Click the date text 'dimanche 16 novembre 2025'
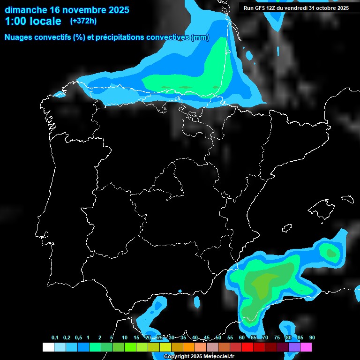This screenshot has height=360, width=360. [67, 9]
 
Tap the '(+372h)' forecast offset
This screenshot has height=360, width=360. [83, 21]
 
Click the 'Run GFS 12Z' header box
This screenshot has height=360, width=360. [296, 8]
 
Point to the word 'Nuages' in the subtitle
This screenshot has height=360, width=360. [20, 37]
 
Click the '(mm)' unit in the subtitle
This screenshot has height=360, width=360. [200, 37]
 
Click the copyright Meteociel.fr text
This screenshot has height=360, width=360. [199, 357]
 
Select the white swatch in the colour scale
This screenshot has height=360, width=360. [48, 347]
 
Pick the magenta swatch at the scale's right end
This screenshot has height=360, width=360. [306, 347]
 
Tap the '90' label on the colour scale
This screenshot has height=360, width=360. [312, 338]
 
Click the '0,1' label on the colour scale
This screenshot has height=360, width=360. [55, 338]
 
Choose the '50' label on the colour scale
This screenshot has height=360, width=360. [218, 338]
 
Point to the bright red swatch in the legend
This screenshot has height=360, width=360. [247, 347]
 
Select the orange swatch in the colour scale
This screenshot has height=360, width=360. [189, 347]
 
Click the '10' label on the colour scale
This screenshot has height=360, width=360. [125, 338]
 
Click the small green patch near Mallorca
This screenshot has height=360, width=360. [332, 254]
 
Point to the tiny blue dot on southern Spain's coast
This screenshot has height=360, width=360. [180, 291]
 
